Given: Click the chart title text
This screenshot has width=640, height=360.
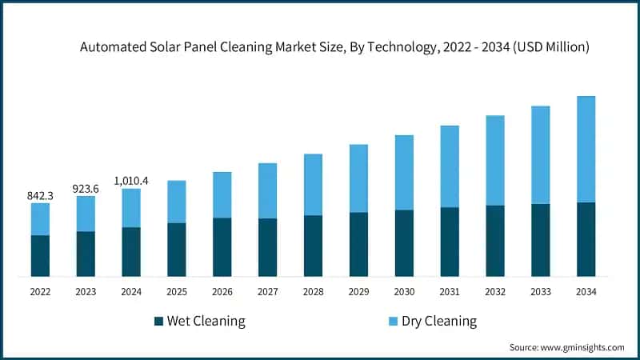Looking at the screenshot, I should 334,47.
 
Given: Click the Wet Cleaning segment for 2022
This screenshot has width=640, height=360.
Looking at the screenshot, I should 40,256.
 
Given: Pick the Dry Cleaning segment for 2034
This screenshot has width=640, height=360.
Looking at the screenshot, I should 586,149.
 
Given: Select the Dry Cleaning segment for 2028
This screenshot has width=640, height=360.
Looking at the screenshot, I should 313,184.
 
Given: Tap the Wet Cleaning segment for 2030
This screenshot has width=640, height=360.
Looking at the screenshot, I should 404,243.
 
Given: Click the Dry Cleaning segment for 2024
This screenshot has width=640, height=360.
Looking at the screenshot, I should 131,208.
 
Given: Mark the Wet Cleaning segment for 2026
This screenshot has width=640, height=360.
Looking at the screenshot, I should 222,247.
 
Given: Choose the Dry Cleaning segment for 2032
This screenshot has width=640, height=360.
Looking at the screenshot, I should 495,160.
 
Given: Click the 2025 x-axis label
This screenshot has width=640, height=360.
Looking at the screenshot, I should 176,292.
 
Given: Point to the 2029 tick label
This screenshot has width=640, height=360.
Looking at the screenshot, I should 358,292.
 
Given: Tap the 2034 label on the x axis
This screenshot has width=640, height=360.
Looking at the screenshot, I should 586,292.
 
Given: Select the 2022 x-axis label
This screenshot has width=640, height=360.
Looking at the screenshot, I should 40,292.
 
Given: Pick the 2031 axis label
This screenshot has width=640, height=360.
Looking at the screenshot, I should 450,292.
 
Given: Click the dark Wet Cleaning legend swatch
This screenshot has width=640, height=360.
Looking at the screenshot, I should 158,322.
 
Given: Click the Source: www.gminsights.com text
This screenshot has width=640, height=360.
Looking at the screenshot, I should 566,347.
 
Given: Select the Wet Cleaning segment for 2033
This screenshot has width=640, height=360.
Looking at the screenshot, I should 541,240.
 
